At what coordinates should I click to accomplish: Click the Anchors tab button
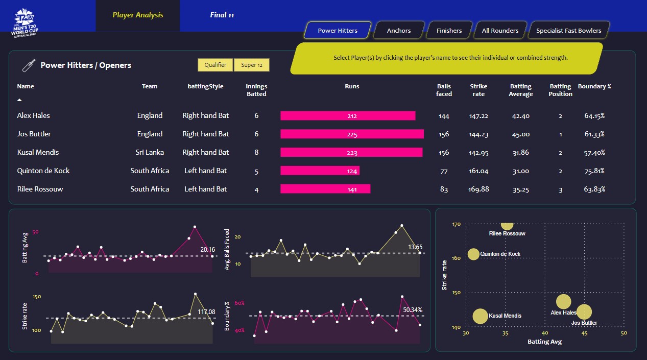pos(399,31)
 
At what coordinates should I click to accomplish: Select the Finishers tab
pos(449,31)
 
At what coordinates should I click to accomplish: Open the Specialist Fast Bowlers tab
pos(568,31)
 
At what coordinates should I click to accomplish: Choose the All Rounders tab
pos(500,31)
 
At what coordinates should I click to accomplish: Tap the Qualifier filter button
pos(215,65)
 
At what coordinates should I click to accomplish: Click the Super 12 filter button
pos(251,65)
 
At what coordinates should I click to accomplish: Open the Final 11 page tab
pos(222,15)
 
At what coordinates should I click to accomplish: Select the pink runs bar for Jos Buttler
pos(352,134)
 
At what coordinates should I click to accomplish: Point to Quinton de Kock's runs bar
pos(320,171)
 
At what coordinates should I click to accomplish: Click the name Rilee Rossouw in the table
pos(41,189)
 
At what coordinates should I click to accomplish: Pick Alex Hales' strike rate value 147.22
pos(478,116)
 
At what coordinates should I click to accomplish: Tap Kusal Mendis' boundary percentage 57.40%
pos(594,153)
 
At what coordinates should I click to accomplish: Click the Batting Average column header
pos(520,90)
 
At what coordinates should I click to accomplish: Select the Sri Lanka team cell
pos(150,152)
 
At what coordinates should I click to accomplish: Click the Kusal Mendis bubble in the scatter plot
pos(480,316)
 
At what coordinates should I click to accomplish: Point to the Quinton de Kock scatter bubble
pos(473,254)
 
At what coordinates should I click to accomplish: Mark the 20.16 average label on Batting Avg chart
pos(207,250)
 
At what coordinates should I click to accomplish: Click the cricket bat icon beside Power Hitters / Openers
pos(28,65)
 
